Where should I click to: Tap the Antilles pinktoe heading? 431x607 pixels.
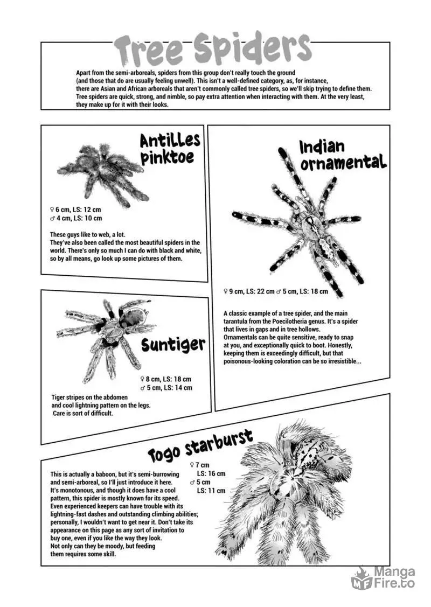pyautogui.click(x=170, y=149)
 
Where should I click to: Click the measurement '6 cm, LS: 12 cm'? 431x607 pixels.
pyautogui.click(x=78, y=210)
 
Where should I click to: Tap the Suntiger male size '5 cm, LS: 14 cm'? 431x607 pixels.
pyautogui.click(x=169, y=387)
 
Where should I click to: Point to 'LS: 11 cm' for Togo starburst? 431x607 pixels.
pyautogui.click(x=211, y=491)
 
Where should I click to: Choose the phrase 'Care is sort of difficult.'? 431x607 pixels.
pyautogui.click(x=83, y=414)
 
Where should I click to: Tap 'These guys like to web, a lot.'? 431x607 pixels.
pyautogui.click(x=87, y=235)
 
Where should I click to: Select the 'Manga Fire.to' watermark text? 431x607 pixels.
pyautogui.click(x=394, y=578)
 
